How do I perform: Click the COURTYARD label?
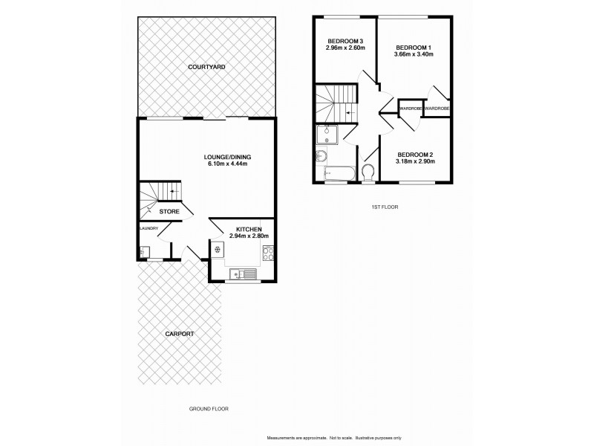(206, 68)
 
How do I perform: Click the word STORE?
(169, 211)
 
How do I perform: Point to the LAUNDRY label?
(148, 228)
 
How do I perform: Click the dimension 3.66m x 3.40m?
(413, 54)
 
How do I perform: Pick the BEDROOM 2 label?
(414, 155)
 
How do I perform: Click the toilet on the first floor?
(368, 172)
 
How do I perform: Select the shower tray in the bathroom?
(327, 135)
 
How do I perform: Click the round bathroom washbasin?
(321, 156)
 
